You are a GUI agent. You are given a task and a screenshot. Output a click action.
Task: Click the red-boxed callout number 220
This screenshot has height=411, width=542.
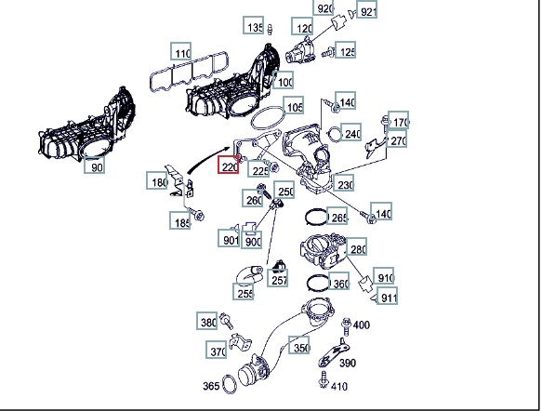tap(229, 165)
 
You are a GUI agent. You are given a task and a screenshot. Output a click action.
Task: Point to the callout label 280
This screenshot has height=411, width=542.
tap(356, 246)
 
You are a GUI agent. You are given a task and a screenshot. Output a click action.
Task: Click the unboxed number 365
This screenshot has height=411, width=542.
tap(211, 386)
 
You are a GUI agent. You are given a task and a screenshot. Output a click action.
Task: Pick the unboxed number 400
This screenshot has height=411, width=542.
tap(362, 325)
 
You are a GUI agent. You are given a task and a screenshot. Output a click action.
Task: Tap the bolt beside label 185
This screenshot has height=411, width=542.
tap(196, 214)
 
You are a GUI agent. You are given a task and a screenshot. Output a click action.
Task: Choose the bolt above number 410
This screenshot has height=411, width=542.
tap(324, 380)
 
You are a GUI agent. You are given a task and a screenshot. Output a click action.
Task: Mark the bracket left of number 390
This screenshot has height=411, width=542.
tap(334, 353)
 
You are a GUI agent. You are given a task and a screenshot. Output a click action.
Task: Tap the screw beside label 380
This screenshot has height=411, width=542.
tap(227, 321)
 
